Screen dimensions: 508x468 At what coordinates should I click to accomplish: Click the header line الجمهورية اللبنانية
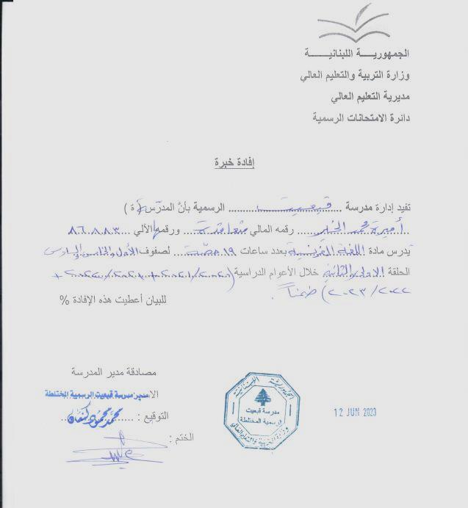point(356,55)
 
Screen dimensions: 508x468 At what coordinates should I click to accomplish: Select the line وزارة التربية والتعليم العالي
point(354,76)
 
